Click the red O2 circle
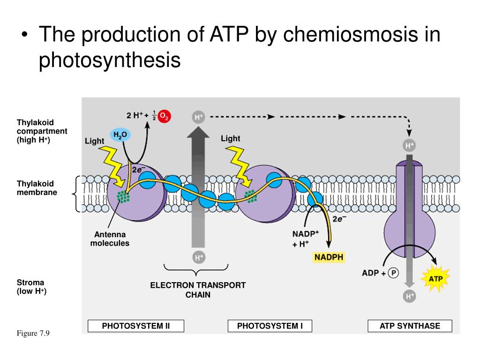[164, 115]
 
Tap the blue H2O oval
[119, 135]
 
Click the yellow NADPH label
[329, 257]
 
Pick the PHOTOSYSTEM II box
[136, 326]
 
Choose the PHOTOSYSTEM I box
[270, 326]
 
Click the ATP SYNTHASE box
[410, 326]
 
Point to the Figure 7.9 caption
[33, 333]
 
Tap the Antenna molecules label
[110, 239]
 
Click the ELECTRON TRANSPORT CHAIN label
[198, 290]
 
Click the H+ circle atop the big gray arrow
[198, 117]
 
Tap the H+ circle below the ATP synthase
[409, 296]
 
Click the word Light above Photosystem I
[230, 138]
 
